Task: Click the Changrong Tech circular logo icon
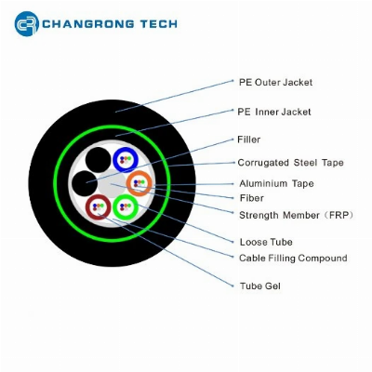pos(27,23)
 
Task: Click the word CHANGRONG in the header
pos(88,24)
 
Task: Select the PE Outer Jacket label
pos(275,83)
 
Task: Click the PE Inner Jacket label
pos(274,112)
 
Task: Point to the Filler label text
pos(248,139)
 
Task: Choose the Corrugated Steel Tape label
pos(290,163)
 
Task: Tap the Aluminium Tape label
pos(276,183)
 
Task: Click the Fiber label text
pos(252,198)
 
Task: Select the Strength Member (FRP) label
pos(296,215)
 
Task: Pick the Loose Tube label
pos(266,242)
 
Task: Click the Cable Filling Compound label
pos(293,258)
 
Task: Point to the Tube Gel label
pos(260,286)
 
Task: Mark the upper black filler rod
pos(99,160)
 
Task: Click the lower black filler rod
pos(85,183)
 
